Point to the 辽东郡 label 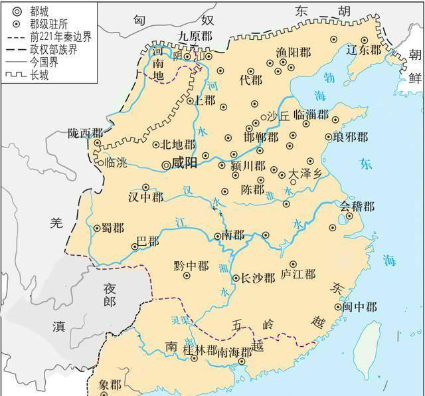tap(365, 50)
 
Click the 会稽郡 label tap(357, 207)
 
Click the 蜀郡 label tap(112, 228)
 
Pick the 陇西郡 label tap(86, 133)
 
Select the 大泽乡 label tap(308, 173)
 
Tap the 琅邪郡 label tap(350, 138)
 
